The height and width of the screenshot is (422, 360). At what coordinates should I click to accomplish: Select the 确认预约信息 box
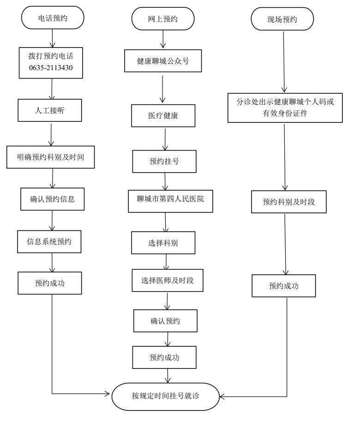[x=52, y=200]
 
